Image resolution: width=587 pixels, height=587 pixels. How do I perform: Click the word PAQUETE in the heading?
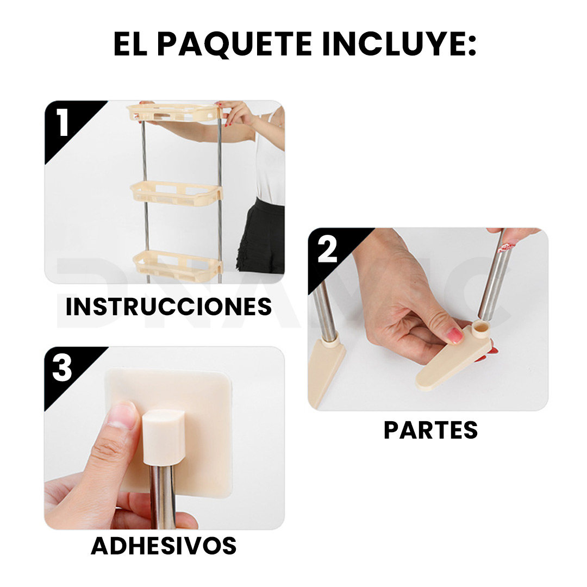click(234, 44)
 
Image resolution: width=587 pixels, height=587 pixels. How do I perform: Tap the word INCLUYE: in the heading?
click(399, 44)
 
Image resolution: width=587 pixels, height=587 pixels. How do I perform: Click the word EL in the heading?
click(130, 44)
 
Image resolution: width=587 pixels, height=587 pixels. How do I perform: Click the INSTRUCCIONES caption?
click(168, 307)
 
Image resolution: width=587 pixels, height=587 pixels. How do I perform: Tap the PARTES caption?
click(430, 430)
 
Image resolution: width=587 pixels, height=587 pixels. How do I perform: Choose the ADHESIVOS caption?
click(164, 546)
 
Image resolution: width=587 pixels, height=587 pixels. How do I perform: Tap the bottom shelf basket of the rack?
click(177, 264)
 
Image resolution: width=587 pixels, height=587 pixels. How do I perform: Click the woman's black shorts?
click(261, 237)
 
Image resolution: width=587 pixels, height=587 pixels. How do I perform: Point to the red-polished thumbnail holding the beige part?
click(454, 335)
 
